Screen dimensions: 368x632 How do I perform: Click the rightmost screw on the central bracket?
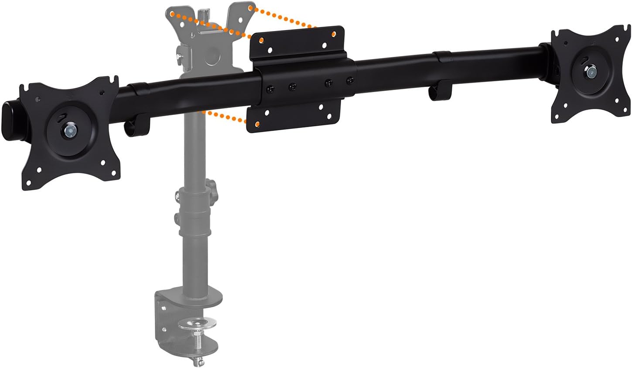[x=349, y=81]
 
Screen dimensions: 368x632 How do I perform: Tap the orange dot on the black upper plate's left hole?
[x=261, y=40]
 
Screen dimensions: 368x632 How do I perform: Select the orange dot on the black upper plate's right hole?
[x=334, y=34]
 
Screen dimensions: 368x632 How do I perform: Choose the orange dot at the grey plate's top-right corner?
[x=249, y=7]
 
